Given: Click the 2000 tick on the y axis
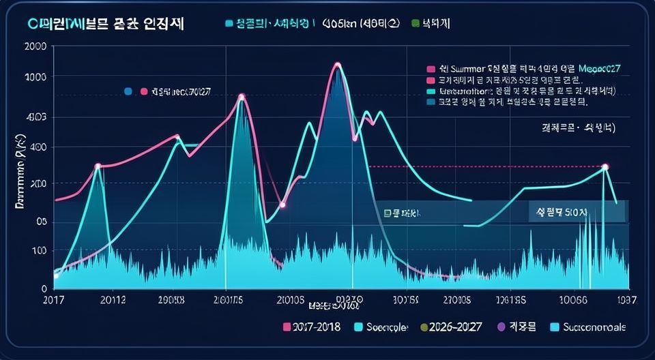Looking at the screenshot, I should point(35,47).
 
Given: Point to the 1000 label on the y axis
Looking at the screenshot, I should point(35,77).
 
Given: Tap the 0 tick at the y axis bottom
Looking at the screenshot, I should point(43,289).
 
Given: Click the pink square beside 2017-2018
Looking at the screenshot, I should point(287,327).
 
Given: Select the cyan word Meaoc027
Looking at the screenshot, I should point(604,69).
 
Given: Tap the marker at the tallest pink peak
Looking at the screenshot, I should point(337,65).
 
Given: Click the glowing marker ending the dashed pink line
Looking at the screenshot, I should point(605,167).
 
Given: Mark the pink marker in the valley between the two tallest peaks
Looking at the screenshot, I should point(282,205).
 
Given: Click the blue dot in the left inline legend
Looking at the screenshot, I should point(128,91).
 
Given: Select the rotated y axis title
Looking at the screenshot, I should point(20,168).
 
